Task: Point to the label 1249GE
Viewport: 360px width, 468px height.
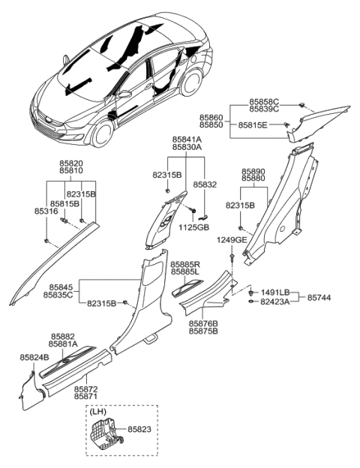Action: [232, 239]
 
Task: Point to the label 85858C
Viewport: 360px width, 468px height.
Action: [264, 100]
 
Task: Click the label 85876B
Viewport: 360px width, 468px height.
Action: [203, 322]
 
